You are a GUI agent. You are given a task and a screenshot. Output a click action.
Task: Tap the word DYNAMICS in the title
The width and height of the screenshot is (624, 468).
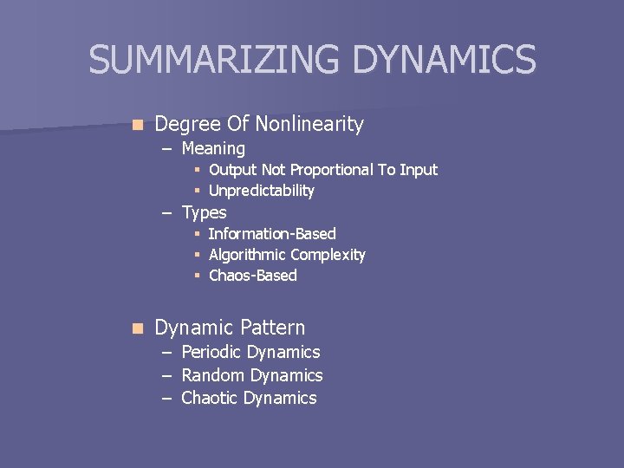tap(445, 60)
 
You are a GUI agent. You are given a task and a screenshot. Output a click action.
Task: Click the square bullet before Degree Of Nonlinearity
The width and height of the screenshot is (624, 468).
tap(135, 125)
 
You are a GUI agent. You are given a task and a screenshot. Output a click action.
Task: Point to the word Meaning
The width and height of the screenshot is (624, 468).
tap(213, 149)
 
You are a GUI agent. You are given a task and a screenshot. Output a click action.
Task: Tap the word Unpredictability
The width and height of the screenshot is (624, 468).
tap(262, 191)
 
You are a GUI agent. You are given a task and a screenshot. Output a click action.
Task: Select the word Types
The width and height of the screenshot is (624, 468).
tap(205, 212)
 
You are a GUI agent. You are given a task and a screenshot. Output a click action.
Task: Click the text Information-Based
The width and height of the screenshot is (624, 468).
tap(272, 234)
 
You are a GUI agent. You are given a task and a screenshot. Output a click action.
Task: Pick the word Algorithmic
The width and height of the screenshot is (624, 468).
tap(248, 255)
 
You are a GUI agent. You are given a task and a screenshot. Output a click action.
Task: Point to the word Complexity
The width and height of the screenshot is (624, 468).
tap(328, 255)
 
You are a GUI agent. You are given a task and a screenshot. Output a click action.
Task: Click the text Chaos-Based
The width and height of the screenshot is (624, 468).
tap(253, 276)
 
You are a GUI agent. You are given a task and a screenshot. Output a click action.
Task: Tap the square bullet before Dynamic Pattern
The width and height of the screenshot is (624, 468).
tap(135, 328)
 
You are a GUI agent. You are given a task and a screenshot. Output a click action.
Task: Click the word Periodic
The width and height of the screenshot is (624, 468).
tap(211, 352)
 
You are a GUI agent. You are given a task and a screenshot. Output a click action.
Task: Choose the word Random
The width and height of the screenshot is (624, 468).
tap(213, 375)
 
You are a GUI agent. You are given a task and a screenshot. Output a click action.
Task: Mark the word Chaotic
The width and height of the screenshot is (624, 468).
tap(210, 398)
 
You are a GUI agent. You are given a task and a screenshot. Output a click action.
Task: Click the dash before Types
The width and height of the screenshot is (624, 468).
tap(166, 213)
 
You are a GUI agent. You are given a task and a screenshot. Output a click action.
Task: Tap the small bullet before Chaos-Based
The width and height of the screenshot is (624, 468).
tap(198, 276)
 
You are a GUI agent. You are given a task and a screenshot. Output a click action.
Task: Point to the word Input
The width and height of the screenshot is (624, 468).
tap(419, 170)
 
